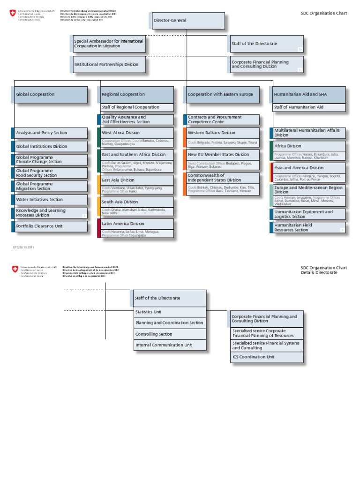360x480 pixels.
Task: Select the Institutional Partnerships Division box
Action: click(x=108, y=65)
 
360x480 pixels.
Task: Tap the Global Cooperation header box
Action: click(x=49, y=95)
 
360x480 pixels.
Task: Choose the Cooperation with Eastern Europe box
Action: click(x=221, y=95)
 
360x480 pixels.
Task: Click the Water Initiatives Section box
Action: click(x=49, y=200)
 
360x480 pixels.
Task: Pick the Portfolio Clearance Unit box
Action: click(x=49, y=226)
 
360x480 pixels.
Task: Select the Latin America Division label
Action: click(x=123, y=224)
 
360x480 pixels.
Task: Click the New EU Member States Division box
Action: click(x=221, y=155)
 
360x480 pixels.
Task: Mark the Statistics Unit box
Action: click(x=169, y=312)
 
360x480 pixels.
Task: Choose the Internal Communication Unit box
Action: click(x=169, y=345)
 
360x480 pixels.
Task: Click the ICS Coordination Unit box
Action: click(x=266, y=357)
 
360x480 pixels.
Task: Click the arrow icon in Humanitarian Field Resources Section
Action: click(x=342, y=230)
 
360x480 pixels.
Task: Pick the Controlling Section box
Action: click(x=169, y=334)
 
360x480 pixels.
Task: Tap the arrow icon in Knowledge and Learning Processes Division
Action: click(x=84, y=216)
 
